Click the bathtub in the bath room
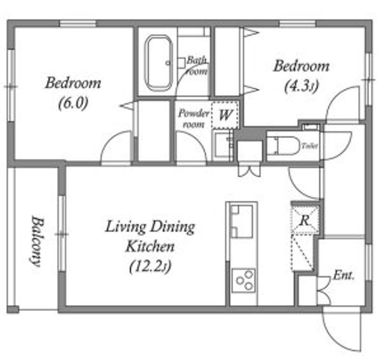point(159,63)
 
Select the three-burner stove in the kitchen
point(244,281)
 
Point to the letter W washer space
point(225,115)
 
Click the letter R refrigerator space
point(305,220)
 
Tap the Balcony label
point(37,241)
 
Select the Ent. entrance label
point(343,275)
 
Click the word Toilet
point(310,146)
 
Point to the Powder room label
point(193,119)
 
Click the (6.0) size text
point(73,103)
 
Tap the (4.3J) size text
point(302,86)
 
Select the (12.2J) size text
point(151,266)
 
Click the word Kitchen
point(150,247)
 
